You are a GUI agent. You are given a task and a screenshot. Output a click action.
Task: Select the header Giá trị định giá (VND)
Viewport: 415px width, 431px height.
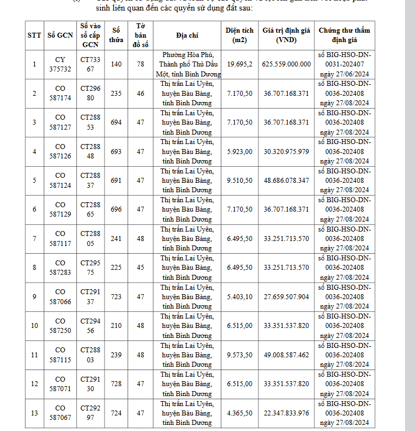[x=287, y=35]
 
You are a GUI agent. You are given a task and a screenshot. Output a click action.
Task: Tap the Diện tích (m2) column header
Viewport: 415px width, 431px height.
[x=240, y=35]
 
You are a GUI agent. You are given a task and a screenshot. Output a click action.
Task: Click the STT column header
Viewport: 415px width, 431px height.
[x=34, y=35]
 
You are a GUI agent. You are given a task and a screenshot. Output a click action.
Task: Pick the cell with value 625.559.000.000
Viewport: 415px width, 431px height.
[x=287, y=64]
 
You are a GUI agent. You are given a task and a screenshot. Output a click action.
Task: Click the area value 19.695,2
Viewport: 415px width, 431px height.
[x=240, y=64]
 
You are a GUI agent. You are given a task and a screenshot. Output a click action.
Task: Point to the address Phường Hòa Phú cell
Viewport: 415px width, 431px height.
[x=191, y=64]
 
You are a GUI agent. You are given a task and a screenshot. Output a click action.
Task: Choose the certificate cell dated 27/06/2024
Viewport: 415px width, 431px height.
[x=345, y=64]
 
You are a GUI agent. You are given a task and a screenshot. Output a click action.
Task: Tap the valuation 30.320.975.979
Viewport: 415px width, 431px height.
[x=287, y=151]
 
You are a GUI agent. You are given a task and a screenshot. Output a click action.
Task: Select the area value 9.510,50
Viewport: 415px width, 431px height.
[x=240, y=181]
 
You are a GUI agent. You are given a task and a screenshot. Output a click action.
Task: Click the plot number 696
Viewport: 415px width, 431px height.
[x=116, y=209]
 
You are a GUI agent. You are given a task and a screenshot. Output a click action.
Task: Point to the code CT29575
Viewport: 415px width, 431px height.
[x=91, y=268]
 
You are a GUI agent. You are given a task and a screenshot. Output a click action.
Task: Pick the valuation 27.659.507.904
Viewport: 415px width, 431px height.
[x=287, y=297]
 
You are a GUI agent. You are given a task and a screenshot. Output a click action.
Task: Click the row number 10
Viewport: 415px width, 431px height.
[x=34, y=326]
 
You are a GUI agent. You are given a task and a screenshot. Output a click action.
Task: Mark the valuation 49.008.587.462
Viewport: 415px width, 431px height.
[x=287, y=355]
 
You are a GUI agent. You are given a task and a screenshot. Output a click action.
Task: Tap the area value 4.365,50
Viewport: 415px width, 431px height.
[x=240, y=413]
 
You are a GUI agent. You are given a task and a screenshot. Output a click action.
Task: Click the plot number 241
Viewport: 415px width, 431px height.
[x=116, y=238]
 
